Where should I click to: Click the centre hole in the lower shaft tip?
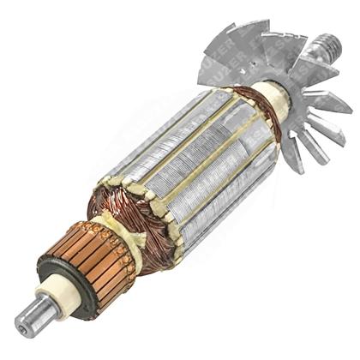coord(21,324)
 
